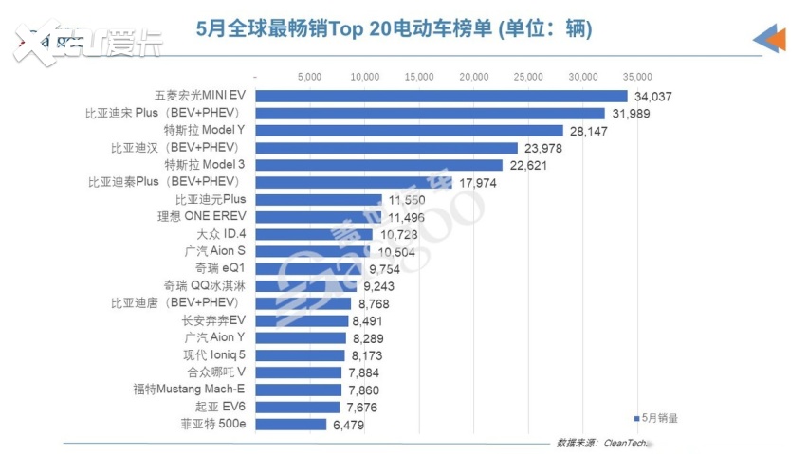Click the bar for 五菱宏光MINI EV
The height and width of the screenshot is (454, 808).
[442, 96]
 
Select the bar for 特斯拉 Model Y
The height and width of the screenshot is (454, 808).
[410, 131]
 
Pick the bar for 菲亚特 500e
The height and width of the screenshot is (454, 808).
[291, 424]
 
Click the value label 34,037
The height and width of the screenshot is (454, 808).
[653, 97]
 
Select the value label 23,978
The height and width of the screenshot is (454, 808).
[543, 148]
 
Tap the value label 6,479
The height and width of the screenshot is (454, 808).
[348, 425]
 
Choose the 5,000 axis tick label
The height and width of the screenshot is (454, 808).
[310, 76]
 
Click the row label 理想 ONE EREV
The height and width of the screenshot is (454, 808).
[204, 217]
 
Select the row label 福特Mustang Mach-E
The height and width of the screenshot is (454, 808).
[189, 389]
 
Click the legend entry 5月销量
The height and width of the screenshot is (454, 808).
[655, 417]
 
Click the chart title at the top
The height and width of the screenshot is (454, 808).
[394, 29]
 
